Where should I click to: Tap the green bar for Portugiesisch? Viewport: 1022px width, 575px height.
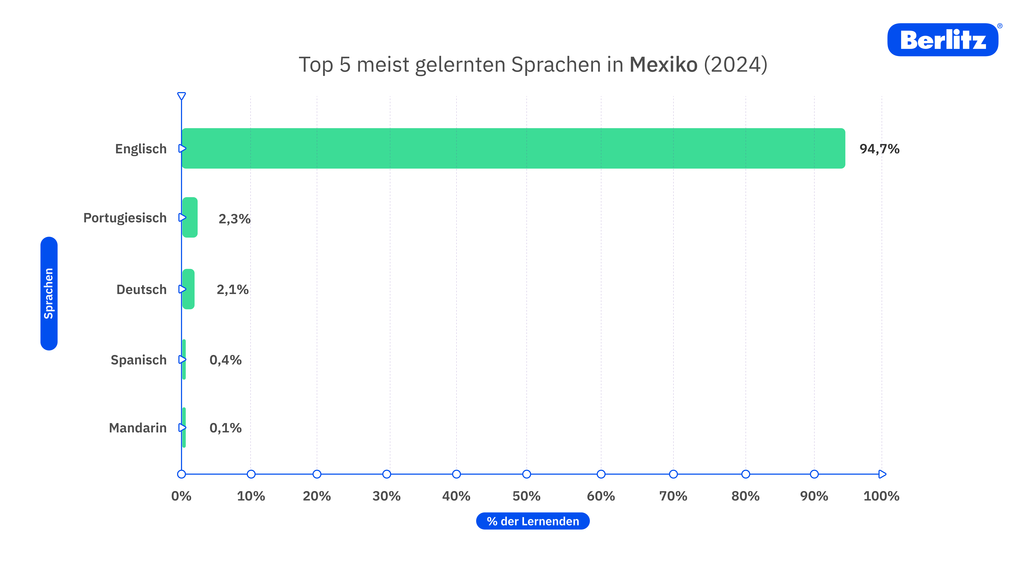(190, 217)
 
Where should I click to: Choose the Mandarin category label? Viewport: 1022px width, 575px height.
(138, 428)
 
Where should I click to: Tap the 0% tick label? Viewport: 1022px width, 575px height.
(181, 496)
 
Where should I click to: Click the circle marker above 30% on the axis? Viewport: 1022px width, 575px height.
(386, 474)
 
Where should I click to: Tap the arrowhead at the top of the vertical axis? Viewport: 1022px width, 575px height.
(181, 96)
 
